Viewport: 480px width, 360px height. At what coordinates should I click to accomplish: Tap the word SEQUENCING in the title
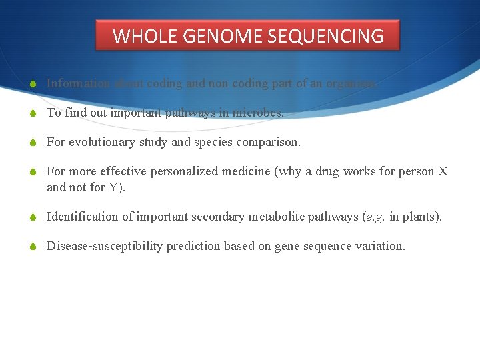(x=326, y=36)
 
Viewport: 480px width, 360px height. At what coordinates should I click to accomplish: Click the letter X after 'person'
(x=443, y=171)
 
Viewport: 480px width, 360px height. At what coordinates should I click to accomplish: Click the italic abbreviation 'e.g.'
(x=374, y=217)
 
